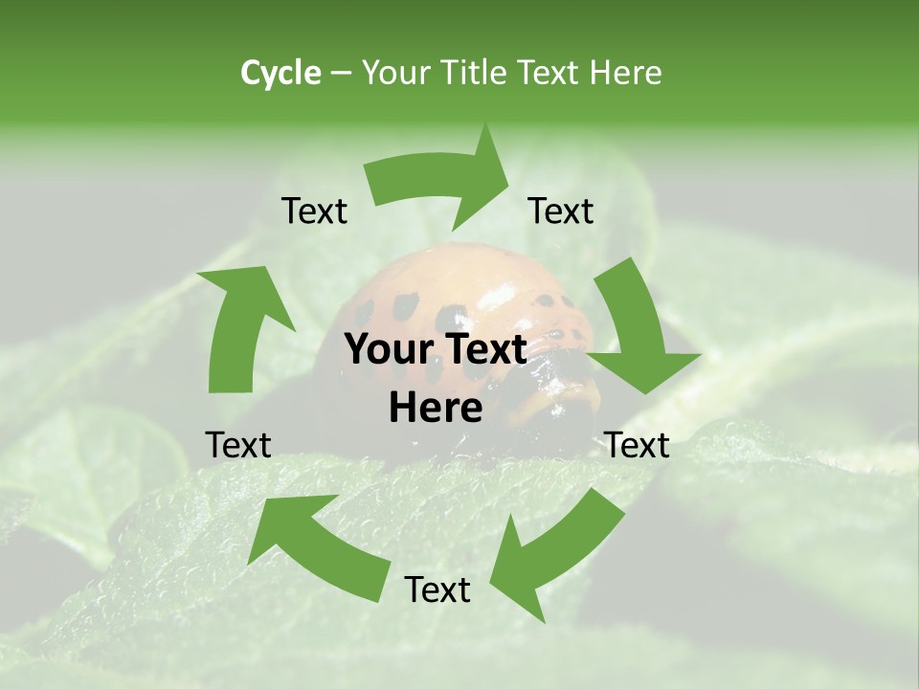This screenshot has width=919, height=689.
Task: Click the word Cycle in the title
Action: (280, 73)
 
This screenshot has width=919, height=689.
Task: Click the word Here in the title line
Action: (623, 73)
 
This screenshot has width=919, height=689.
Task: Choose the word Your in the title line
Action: (397, 73)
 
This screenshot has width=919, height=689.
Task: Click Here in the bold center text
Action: (436, 409)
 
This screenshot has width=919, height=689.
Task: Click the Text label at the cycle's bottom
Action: (437, 590)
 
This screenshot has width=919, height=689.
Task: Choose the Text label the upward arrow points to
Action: (314, 211)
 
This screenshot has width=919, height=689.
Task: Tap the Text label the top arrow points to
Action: (561, 211)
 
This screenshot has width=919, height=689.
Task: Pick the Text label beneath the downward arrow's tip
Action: (638, 445)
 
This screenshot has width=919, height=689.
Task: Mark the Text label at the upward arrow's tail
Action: (238, 445)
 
